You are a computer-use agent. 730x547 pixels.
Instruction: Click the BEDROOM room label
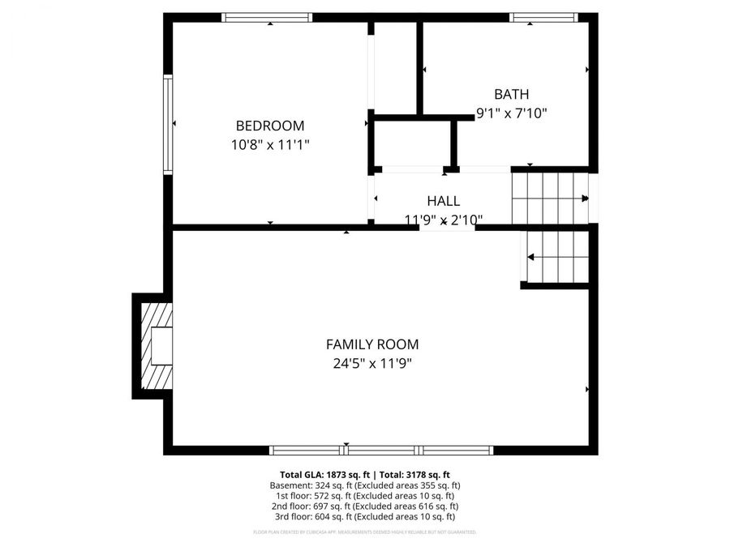click(270, 126)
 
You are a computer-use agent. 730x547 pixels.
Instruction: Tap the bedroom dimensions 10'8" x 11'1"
click(270, 145)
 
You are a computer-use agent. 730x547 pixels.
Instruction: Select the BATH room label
click(511, 95)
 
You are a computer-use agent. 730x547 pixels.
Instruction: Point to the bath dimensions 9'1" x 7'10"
click(511, 114)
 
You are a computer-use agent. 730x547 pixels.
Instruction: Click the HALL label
click(444, 201)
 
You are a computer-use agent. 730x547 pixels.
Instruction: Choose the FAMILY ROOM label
click(372, 344)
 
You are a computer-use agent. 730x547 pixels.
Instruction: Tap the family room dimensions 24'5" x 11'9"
click(372, 364)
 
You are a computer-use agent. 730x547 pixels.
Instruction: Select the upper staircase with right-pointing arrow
click(550, 198)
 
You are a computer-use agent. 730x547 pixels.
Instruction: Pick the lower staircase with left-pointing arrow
click(557, 257)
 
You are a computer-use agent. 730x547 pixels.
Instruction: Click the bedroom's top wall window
click(267, 17)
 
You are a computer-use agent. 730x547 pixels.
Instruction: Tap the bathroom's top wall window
click(543, 17)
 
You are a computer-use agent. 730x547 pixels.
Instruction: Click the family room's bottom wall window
click(381, 450)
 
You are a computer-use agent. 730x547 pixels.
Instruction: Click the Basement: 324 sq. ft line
click(364, 485)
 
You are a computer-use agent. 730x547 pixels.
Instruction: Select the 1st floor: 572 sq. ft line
click(364, 496)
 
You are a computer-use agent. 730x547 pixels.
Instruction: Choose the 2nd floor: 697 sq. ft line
click(364, 506)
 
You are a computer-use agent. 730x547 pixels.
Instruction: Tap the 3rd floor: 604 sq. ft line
click(364, 517)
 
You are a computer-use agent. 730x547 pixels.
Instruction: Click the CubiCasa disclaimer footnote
click(364, 532)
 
